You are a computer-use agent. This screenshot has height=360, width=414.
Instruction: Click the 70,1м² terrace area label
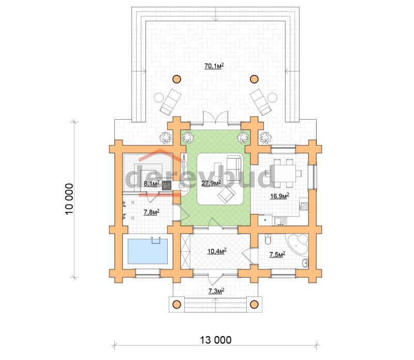[214, 66]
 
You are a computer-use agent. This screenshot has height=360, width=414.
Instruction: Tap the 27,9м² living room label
[211, 183]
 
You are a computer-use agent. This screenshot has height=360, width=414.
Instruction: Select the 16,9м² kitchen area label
[279, 196]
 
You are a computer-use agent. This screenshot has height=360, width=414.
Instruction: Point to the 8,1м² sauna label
[151, 183]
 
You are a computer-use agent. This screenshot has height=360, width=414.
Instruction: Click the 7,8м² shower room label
[151, 212]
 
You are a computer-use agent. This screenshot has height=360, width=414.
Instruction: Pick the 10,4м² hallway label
[216, 251]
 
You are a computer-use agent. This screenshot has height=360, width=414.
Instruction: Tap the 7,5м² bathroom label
[277, 254]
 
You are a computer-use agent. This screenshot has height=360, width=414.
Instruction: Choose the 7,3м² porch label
[216, 291]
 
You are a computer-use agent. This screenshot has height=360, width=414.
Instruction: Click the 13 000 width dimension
[215, 340]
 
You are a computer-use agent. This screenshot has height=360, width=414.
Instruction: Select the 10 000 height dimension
[69, 199]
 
